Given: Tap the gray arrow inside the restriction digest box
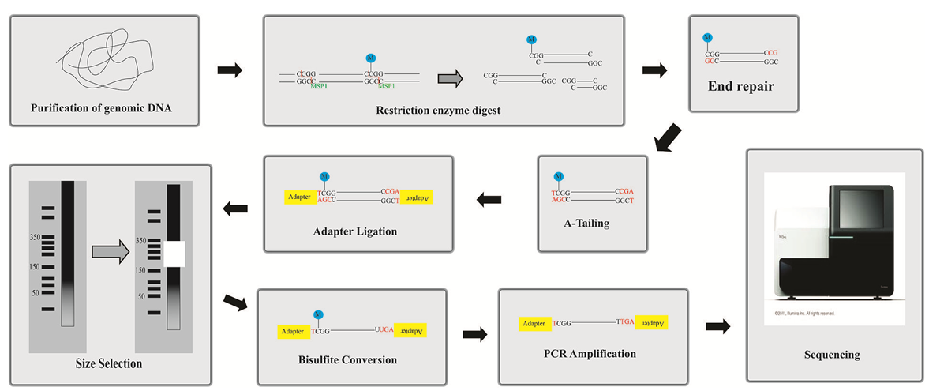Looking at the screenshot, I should coord(449,77).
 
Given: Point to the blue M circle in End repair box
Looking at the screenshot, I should coord(707,37).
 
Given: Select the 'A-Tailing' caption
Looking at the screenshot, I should coord(592,224).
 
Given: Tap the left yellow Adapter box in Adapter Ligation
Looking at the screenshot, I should coord(299,197).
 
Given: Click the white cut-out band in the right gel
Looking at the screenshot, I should coord(174,253).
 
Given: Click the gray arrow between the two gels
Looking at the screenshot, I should coord(111,251).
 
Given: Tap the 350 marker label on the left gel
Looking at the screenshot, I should coord(35,237).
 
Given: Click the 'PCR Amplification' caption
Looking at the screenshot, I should coord(594,353).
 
